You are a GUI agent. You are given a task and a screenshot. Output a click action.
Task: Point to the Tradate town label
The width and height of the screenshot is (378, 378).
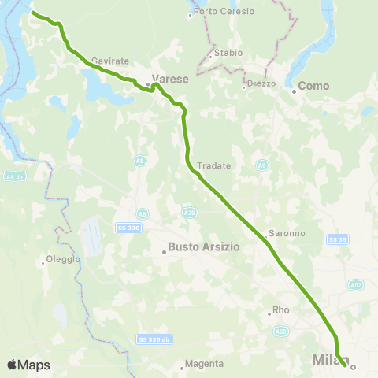(x=213, y=165)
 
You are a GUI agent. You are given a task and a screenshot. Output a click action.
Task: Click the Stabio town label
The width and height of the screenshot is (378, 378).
(x=226, y=54)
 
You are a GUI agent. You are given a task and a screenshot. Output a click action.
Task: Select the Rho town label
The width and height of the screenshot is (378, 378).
(x=280, y=310)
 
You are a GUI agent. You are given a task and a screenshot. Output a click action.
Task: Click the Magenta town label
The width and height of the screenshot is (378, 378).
(x=204, y=364)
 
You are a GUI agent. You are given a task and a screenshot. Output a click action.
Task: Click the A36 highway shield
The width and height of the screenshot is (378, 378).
(x=190, y=212)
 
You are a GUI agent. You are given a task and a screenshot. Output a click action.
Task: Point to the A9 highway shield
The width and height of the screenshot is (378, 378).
(x=261, y=165)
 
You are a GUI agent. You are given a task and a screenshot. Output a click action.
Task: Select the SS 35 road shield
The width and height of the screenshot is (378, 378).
(x=337, y=239)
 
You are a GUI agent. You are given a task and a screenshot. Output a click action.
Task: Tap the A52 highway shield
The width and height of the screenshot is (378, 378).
(x=357, y=284)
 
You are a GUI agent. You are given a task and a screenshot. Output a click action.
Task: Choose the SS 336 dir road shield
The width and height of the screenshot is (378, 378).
(x=154, y=339)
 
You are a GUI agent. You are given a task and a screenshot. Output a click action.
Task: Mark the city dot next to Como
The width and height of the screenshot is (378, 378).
(x=294, y=91)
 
